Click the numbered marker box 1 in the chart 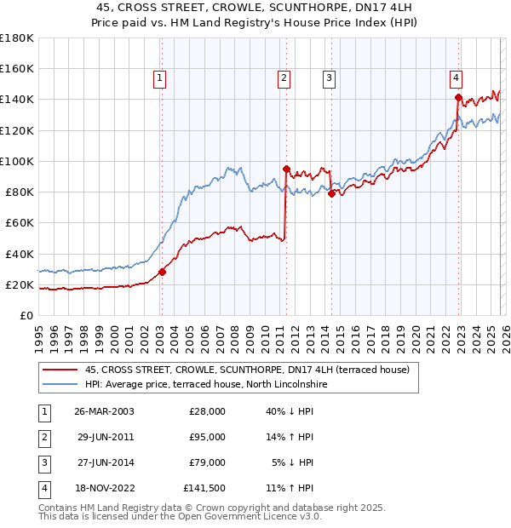point(159,78)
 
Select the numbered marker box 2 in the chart point(284,78)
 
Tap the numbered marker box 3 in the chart point(329,78)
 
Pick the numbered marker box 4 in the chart point(456,78)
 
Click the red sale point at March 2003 point(162,273)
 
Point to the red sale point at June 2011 point(287,169)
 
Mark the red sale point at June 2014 point(331,193)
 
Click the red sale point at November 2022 point(458,97)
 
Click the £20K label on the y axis point(20,284)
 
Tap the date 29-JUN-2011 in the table point(104,437)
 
